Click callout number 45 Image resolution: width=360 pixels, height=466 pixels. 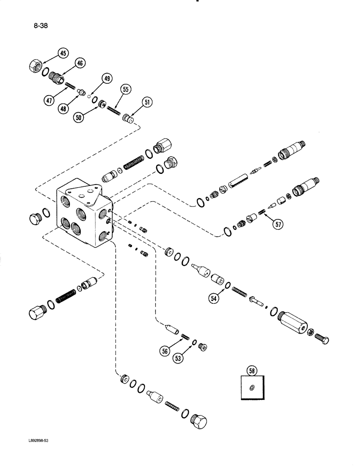click(62, 54)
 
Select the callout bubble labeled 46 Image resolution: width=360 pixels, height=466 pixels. click(80, 63)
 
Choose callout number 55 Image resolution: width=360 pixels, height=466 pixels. click(125, 89)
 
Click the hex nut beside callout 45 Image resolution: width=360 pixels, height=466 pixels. click(35, 65)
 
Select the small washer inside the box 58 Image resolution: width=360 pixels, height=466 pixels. click(252, 388)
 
